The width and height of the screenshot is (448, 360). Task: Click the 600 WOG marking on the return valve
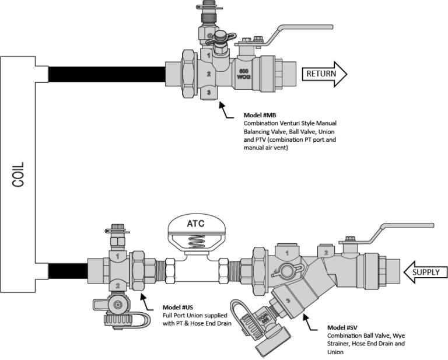coord(244,74)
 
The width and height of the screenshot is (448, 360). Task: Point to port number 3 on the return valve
coord(209,93)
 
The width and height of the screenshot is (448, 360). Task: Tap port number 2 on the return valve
coord(209,74)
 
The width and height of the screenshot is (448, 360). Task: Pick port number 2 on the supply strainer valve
coord(325,251)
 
